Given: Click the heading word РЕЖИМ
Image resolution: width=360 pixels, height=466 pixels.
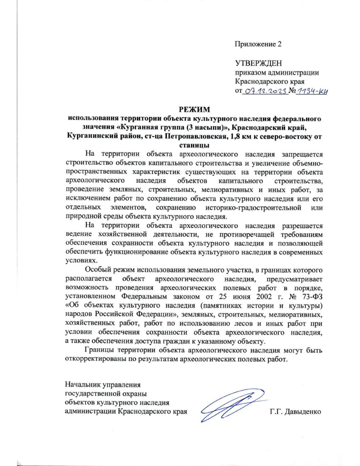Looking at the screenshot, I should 194,109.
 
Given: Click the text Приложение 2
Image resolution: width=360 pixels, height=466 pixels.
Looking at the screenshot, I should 258,44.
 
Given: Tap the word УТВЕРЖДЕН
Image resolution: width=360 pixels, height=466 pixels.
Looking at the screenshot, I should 258,63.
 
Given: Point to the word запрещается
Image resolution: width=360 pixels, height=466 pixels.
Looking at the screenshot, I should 302,154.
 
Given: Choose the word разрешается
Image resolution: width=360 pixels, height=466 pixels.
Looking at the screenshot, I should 302,226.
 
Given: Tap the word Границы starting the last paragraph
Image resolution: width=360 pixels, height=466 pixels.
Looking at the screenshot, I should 99,350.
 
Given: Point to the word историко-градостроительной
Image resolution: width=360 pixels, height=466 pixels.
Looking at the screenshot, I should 253,208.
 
